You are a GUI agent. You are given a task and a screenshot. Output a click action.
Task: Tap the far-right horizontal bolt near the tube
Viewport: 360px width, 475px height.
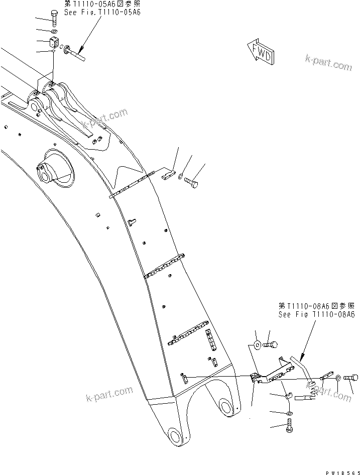coord(350,377)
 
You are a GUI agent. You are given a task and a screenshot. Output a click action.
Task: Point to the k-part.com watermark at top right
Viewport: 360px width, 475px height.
coord(328,63)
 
